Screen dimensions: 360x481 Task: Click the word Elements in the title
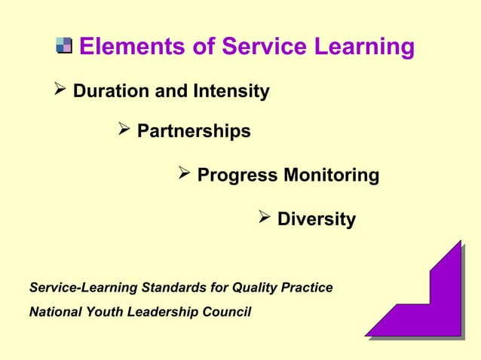127,47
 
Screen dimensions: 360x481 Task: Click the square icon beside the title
64,47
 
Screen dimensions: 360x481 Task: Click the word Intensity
231,92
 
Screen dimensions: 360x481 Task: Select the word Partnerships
194,132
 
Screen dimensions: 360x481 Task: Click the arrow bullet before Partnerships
125,131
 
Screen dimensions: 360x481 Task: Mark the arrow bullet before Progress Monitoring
185,175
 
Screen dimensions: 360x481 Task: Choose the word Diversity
317,220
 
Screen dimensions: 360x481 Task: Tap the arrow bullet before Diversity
265,219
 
